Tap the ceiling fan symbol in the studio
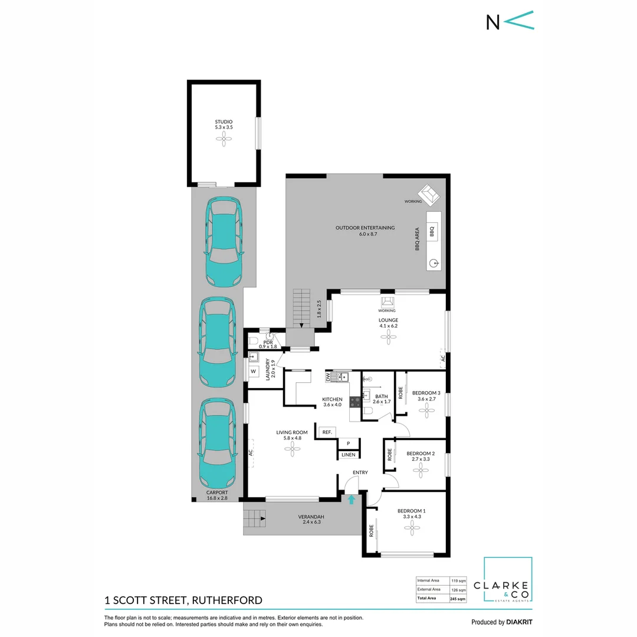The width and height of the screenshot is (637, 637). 224,140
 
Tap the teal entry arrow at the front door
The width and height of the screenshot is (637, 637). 352,500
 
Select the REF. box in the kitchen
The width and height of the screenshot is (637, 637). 326,432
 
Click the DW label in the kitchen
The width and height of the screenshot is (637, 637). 328,376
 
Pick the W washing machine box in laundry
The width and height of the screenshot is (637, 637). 254,372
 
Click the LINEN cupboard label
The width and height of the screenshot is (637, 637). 348,455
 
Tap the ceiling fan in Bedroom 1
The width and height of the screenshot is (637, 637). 411,529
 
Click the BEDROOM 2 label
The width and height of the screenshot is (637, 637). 421,454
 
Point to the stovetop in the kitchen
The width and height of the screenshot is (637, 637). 356,402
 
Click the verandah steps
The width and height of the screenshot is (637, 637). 255,519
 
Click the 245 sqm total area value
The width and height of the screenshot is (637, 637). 458,598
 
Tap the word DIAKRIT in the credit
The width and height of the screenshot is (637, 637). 520,622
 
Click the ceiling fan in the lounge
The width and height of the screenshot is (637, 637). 388,337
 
